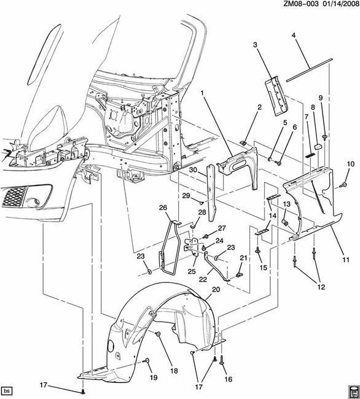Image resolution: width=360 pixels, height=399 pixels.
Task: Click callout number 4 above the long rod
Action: [x=294, y=36]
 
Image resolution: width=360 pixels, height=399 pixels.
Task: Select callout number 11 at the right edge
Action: [x=346, y=260]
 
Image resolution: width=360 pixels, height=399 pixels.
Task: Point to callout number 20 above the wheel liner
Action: [x=216, y=289]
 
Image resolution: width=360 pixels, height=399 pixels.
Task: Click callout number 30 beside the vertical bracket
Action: [x=194, y=169]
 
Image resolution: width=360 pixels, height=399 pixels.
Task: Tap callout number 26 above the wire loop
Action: [x=163, y=208]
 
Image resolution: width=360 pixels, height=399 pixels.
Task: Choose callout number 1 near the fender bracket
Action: [x=202, y=93]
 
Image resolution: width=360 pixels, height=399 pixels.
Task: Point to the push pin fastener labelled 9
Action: [x=324, y=138]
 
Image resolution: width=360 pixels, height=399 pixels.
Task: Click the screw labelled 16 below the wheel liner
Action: [x=221, y=360]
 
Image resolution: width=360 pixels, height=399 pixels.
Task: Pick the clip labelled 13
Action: [x=286, y=223]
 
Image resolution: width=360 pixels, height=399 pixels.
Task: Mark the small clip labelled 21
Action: [x=240, y=274]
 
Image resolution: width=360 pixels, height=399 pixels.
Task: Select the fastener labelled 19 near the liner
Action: [x=146, y=360]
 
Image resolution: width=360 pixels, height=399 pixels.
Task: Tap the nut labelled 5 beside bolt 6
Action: [x=270, y=160]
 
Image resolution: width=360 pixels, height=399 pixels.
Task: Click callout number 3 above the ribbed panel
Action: [x=255, y=45]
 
